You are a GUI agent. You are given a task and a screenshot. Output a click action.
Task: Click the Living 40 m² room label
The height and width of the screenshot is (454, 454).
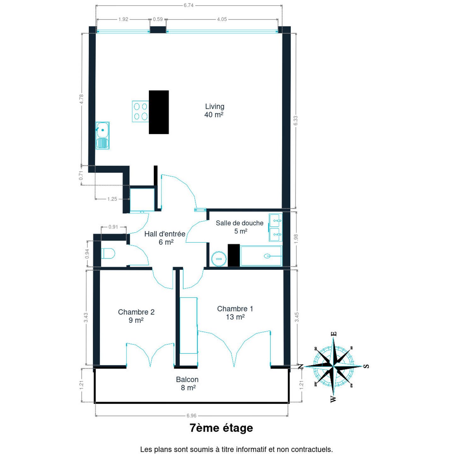(x=214, y=110)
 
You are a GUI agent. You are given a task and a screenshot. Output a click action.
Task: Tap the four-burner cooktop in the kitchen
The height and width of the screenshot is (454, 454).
(x=140, y=111)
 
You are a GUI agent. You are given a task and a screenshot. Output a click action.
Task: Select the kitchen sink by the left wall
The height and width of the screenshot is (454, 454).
(x=102, y=136)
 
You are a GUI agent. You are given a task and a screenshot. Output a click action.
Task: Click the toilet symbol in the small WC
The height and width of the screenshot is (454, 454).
(x=108, y=253)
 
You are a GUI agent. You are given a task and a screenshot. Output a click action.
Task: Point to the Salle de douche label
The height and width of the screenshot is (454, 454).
(x=240, y=223)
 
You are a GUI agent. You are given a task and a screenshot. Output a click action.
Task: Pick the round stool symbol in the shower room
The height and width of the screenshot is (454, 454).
(x=219, y=259)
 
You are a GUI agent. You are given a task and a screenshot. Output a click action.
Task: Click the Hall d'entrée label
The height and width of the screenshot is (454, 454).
(x=165, y=234)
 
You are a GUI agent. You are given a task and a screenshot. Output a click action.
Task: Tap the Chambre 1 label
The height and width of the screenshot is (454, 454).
(x=235, y=309)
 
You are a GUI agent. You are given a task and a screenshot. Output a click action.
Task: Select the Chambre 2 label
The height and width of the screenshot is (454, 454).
(x=136, y=312)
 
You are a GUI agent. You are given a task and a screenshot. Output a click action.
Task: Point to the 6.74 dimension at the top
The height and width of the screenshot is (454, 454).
(x=189, y=5)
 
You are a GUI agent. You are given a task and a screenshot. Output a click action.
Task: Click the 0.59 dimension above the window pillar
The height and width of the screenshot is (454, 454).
(x=158, y=19)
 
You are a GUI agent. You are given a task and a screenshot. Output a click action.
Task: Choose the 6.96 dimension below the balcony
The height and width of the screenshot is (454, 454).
(x=192, y=416)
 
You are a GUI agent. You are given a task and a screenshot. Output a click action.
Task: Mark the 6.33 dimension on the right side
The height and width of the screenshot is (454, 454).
(x=296, y=121)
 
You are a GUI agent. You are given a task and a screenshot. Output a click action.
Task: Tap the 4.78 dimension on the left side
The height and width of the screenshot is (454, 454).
(x=81, y=99)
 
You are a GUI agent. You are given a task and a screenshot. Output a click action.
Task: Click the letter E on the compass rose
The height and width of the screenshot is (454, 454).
(x=334, y=334)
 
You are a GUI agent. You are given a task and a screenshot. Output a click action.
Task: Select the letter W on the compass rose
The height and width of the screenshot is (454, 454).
(x=333, y=399)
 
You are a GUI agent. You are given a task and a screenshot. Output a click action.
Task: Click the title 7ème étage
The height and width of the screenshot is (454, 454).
(x=221, y=428)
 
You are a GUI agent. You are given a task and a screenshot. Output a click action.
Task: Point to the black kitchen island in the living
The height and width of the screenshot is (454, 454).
(x=159, y=112)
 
